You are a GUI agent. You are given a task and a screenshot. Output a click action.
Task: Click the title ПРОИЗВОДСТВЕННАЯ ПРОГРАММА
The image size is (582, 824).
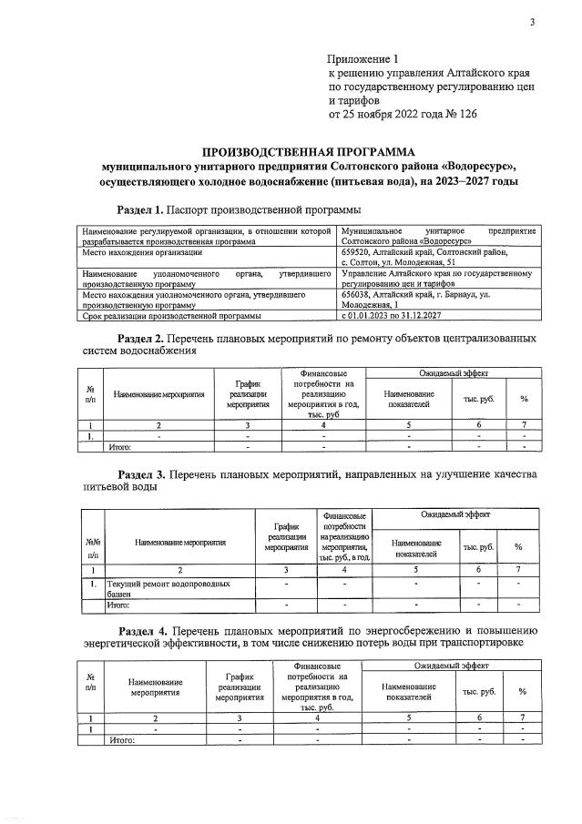(307, 151)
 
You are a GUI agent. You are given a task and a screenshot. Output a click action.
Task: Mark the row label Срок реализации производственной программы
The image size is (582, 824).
(171, 315)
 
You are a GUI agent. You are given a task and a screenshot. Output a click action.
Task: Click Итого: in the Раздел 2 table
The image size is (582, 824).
(120, 447)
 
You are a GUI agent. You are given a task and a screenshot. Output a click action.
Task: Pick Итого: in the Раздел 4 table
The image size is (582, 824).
(122, 740)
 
